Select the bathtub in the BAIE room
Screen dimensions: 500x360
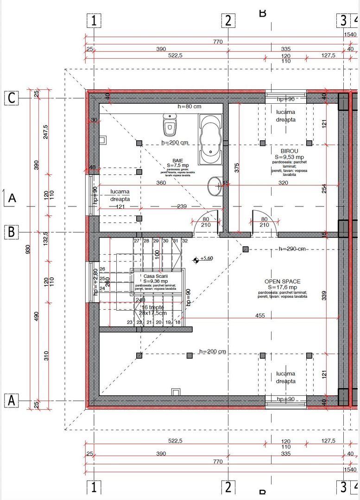point(211,139)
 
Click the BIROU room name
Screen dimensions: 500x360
point(289,151)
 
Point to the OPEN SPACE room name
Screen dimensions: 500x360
point(282,281)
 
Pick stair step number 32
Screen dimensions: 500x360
point(185,241)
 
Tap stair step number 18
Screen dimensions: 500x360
point(178,322)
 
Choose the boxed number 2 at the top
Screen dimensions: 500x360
point(228,21)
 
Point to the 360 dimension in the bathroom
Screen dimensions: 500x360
point(161,183)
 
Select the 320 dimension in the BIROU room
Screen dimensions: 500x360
point(283,183)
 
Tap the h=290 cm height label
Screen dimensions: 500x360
point(292,249)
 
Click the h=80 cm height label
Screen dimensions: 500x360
point(189,106)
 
